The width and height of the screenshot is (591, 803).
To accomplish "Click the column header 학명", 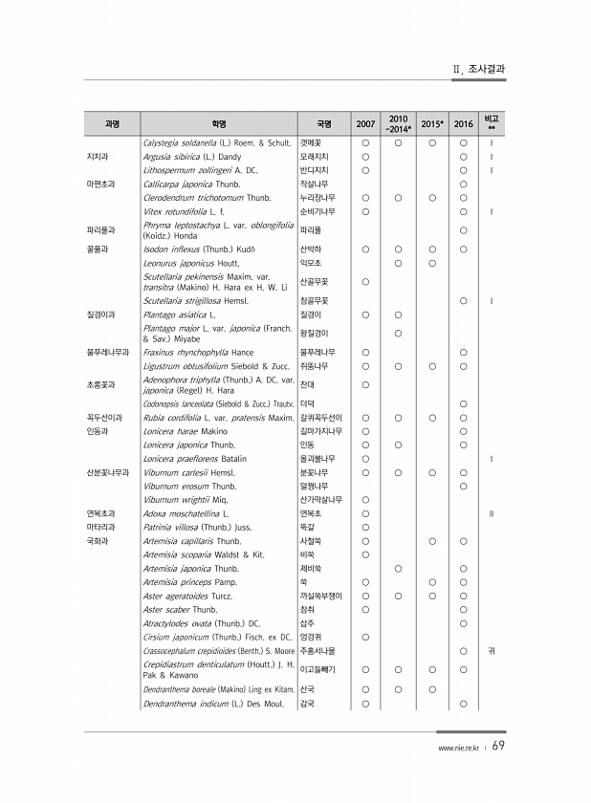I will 219,123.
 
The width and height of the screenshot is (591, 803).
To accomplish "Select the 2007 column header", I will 365,123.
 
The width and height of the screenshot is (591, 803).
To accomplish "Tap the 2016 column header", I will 463,123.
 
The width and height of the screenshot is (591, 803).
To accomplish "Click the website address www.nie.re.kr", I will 458,749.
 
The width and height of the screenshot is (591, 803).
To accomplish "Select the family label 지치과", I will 97,156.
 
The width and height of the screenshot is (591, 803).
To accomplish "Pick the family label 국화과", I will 97,540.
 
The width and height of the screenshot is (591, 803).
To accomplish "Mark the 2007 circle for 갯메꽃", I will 365,141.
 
